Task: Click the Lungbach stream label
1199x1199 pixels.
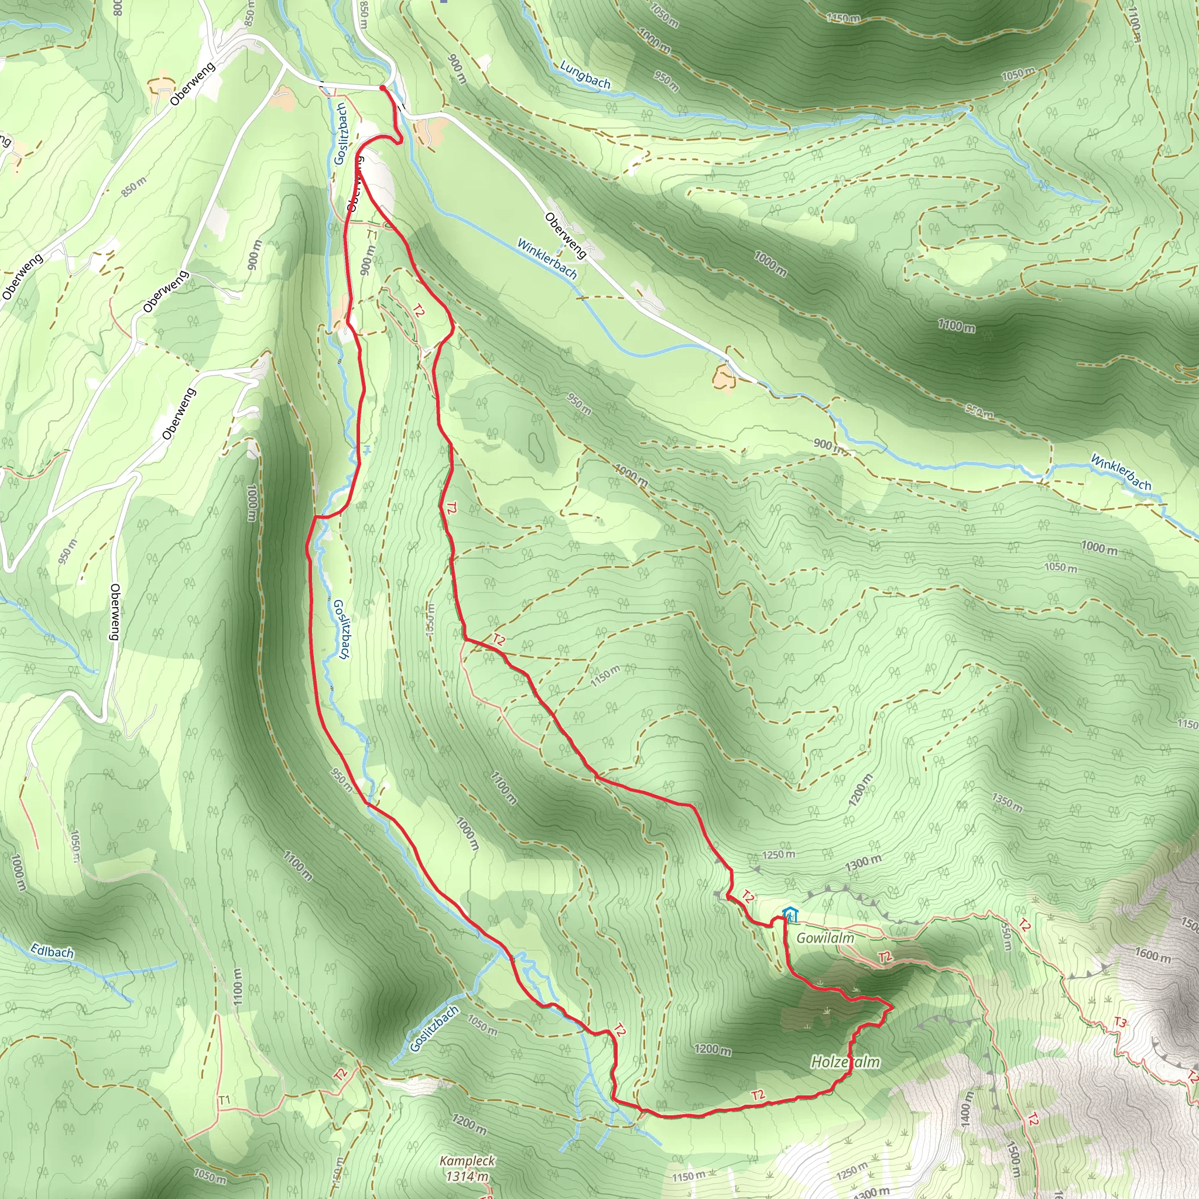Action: pos(585,75)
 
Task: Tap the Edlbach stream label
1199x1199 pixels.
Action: pos(52,951)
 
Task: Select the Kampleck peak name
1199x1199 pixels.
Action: pos(467,1160)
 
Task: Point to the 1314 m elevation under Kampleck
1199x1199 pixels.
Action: pos(467,1176)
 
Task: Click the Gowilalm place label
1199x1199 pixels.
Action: pos(825,938)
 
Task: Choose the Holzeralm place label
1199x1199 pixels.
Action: pos(845,1063)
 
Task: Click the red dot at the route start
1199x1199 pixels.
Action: pos(382,89)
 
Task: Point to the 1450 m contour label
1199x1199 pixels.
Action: pos(843,18)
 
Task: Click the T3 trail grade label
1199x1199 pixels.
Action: pos(1119,1022)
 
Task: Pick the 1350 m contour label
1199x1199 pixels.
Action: pos(1006,803)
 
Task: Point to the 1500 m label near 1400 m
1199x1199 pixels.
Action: pos(1012,1159)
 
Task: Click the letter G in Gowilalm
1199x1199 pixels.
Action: pos(802,938)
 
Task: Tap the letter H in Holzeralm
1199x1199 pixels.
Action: pos(817,1063)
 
